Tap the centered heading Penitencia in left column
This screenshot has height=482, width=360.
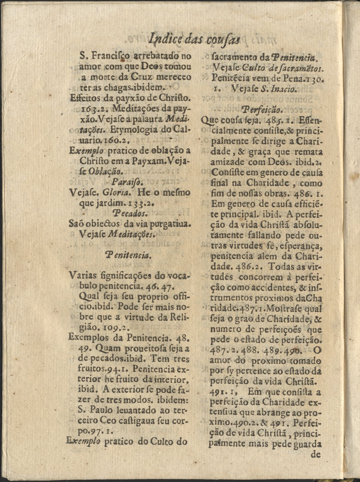pyautogui.click(x=128, y=255)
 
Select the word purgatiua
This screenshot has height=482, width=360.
pyautogui.click(x=162, y=224)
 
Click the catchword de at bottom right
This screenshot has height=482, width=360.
pyautogui.click(x=316, y=453)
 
